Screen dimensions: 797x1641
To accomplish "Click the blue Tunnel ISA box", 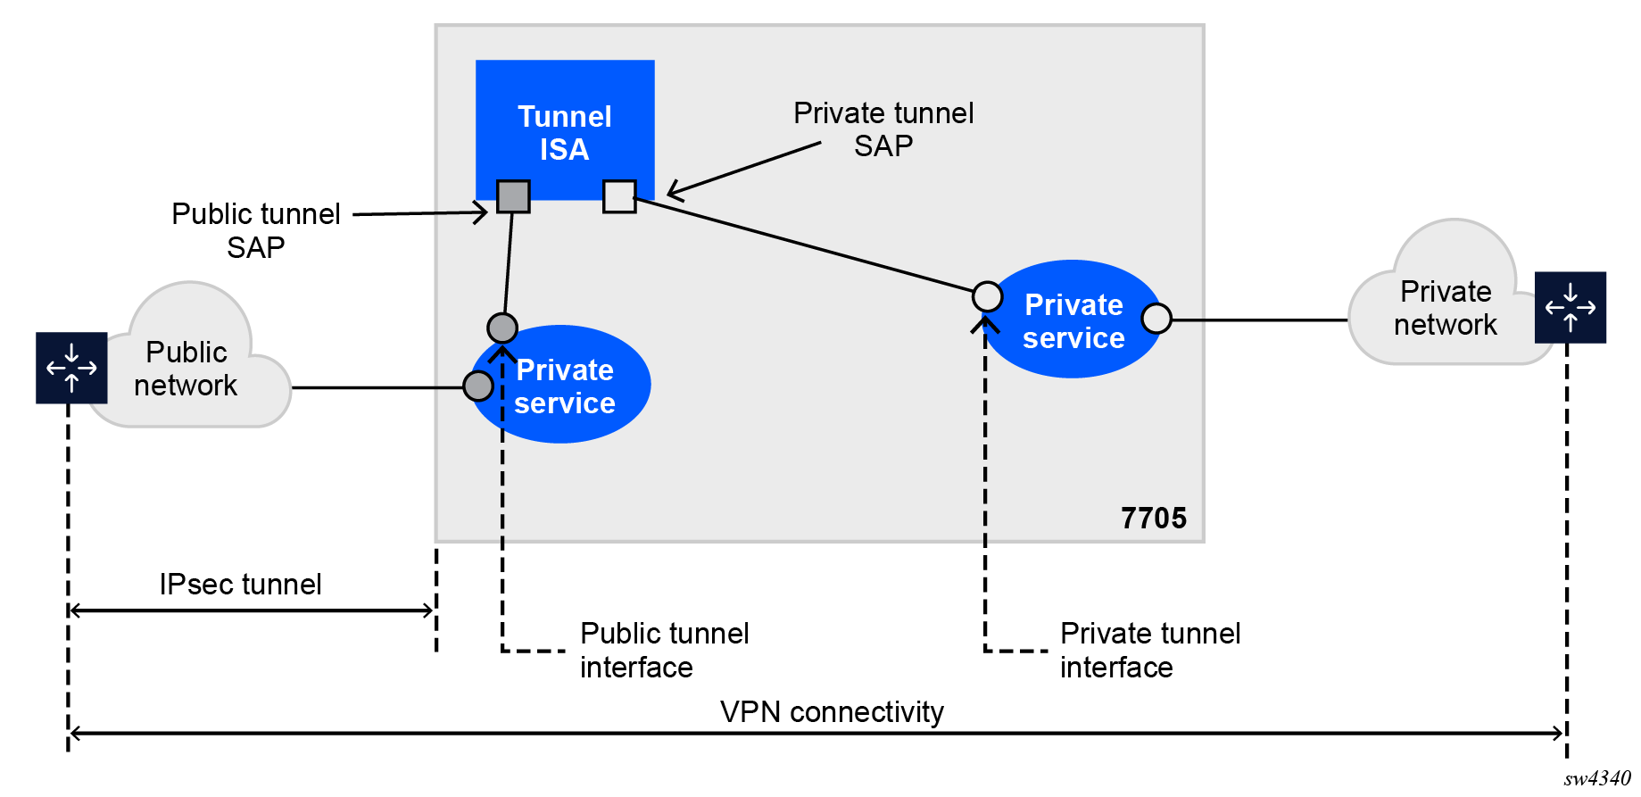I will [x=565, y=125].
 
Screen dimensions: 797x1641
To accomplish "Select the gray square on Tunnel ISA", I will [x=513, y=196].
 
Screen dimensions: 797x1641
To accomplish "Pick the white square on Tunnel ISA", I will [x=619, y=196].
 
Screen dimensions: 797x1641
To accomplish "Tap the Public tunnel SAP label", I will [x=256, y=230].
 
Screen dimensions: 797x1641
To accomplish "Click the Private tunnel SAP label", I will [x=883, y=129].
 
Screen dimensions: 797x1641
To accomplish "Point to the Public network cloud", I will [x=186, y=369].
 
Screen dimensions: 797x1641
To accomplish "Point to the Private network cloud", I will [x=1446, y=307].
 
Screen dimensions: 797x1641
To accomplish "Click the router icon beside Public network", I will [x=71, y=368].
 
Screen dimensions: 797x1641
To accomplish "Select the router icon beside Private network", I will [x=1571, y=307].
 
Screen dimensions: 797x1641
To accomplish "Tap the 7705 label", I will [x=1154, y=518].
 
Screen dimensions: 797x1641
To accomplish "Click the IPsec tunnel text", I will [x=240, y=585].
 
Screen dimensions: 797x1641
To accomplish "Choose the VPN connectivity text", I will [x=832, y=712].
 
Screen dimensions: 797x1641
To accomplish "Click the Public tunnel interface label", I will [x=664, y=650].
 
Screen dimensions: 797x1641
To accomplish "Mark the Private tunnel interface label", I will [x=1150, y=650].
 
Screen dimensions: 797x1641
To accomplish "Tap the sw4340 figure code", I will [x=1597, y=778].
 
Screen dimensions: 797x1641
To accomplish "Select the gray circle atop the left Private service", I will [x=502, y=328].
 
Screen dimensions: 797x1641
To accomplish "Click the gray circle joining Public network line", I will [x=478, y=386].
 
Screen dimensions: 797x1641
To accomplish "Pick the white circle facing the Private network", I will [x=1156, y=318].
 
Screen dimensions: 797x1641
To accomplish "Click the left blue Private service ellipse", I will [x=571, y=393].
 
